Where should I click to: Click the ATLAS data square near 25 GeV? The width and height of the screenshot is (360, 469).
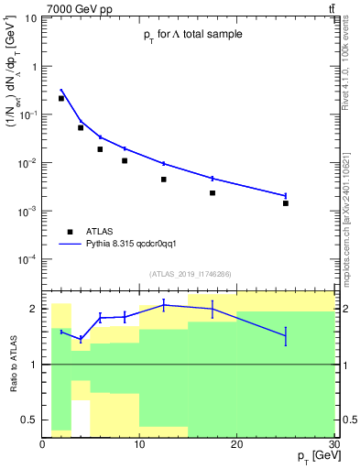coord(286,203)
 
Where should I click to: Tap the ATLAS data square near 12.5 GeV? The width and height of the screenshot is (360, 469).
coord(164,180)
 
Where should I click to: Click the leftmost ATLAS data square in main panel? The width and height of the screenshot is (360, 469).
coord(61,98)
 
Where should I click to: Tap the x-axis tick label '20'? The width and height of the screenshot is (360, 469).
coord(237,444)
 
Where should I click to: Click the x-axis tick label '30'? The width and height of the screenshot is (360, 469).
coord(333,444)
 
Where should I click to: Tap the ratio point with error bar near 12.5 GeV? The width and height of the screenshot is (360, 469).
coord(164,304)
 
